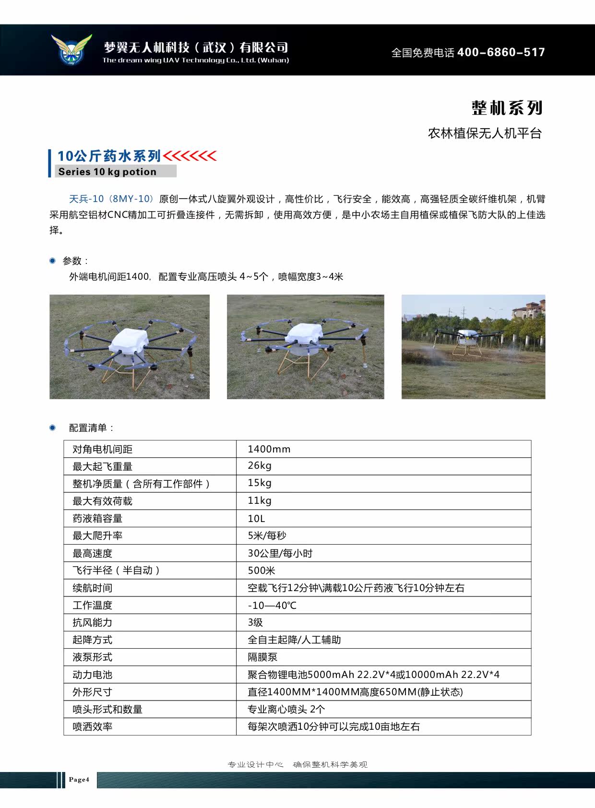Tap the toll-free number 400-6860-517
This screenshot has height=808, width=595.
tap(501, 52)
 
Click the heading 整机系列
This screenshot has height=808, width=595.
tap(507, 108)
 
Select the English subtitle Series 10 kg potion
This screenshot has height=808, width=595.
tap(107, 172)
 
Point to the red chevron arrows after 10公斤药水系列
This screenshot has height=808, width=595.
tap(190, 156)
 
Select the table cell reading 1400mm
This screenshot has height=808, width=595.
tap(269, 449)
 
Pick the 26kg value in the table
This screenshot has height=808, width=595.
tap(260, 466)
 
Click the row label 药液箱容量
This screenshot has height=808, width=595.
tap(97, 518)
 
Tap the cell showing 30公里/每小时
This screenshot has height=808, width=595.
tap(280, 553)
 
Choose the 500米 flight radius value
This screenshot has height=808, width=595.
tap(262, 570)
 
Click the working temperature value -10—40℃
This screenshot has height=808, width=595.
tap(272, 606)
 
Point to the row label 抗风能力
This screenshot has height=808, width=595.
tap(92, 622)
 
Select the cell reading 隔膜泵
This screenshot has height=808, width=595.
tap(262, 657)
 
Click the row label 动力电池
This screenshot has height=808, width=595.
tap(92, 675)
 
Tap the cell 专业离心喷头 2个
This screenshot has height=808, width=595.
tap(286, 709)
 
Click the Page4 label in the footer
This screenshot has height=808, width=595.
tap(79, 780)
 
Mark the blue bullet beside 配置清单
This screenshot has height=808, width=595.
tap(53, 428)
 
